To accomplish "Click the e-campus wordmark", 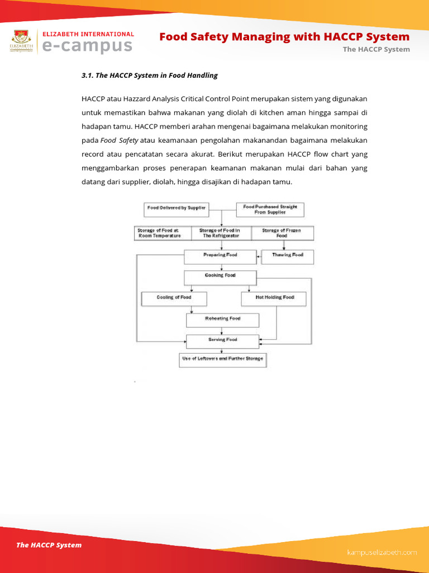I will tap(88, 46).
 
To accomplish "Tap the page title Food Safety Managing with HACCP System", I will tap(284, 37).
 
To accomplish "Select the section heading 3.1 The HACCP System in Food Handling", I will tap(150, 75).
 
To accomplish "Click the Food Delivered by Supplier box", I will tap(177, 208).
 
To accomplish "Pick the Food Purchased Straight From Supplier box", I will tap(270, 210).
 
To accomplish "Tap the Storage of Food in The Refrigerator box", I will tap(220, 233).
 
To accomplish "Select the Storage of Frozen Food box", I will tap(282, 233).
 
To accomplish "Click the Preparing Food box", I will tap(220, 257).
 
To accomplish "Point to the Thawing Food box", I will tap(288, 257).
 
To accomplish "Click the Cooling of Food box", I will tap(174, 299).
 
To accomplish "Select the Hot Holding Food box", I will tap(274, 299).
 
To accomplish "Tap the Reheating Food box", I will tap(222, 320).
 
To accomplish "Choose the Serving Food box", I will tap(222, 341).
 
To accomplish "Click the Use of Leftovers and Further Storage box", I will tap(222, 359).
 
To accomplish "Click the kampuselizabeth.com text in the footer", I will tap(382, 552).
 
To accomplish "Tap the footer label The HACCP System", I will tap(49, 545).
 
